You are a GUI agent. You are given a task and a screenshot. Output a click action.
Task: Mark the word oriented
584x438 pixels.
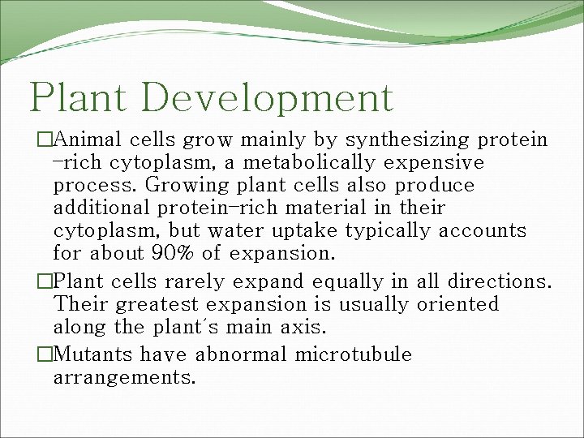point(458,305)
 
